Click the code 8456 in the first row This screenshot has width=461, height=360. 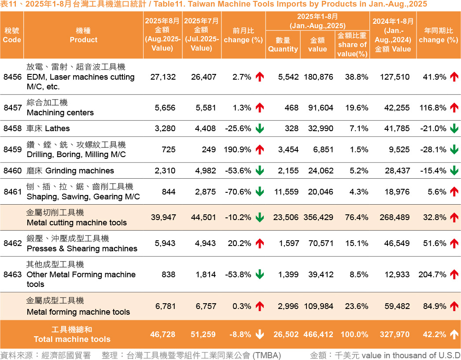click(x=12, y=77)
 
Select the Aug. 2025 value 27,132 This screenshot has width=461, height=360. click(x=163, y=77)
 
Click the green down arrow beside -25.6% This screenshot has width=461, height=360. click(x=260, y=129)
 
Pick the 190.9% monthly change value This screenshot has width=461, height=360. click(x=238, y=150)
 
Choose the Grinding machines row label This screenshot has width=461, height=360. click(x=70, y=171)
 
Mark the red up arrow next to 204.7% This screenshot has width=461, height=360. click(x=454, y=275)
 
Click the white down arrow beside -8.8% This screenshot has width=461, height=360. click(x=260, y=335)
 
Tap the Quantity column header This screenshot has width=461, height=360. click(x=283, y=45)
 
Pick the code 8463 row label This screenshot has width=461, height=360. click(x=12, y=275)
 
